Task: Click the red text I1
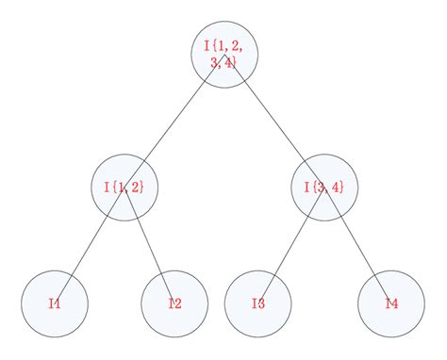click(x=55, y=303)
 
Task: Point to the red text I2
click(x=174, y=303)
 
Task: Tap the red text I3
click(x=258, y=303)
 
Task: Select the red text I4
click(x=391, y=303)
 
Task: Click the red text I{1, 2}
click(x=124, y=187)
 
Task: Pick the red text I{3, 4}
click(x=324, y=187)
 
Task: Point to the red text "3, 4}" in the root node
click(x=223, y=62)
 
